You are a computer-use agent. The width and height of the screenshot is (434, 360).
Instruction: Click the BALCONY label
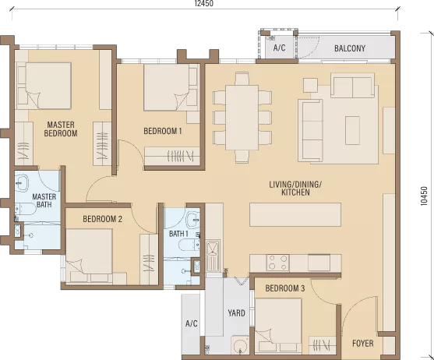(x=350, y=48)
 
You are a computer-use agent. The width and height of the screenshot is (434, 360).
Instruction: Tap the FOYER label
(x=362, y=344)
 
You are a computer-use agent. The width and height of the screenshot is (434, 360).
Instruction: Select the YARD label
(x=236, y=313)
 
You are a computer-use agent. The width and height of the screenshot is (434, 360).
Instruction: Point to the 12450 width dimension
(x=204, y=3)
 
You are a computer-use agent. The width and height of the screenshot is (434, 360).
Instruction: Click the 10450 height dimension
(x=424, y=196)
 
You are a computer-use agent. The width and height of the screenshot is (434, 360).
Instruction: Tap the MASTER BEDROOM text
(x=61, y=129)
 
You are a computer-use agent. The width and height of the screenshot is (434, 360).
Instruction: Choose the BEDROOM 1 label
(x=163, y=131)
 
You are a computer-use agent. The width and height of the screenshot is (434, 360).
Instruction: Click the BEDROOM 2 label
(x=102, y=219)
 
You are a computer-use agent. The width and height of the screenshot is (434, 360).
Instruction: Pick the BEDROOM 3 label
(x=285, y=288)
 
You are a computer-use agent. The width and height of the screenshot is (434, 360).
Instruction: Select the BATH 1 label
(x=178, y=234)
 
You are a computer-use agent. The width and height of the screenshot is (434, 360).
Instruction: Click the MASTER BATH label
(x=44, y=200)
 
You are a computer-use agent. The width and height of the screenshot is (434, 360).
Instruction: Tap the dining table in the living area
(x=242, y=118)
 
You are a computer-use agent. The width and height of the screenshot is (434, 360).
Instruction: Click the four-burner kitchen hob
(x=277, y=263)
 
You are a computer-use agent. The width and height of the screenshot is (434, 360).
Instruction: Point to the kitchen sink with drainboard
(x=213, y=256)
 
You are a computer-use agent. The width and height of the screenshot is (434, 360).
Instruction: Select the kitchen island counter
(x=295, y=215)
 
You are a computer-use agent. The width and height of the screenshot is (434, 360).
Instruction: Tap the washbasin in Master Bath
(x=22, y=183)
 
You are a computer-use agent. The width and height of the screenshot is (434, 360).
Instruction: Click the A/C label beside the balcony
(x=279, y=48)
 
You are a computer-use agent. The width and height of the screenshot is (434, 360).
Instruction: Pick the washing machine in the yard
(x=240, y=345)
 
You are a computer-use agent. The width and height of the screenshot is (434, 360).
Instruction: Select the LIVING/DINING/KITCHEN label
(x=295, y=188)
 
